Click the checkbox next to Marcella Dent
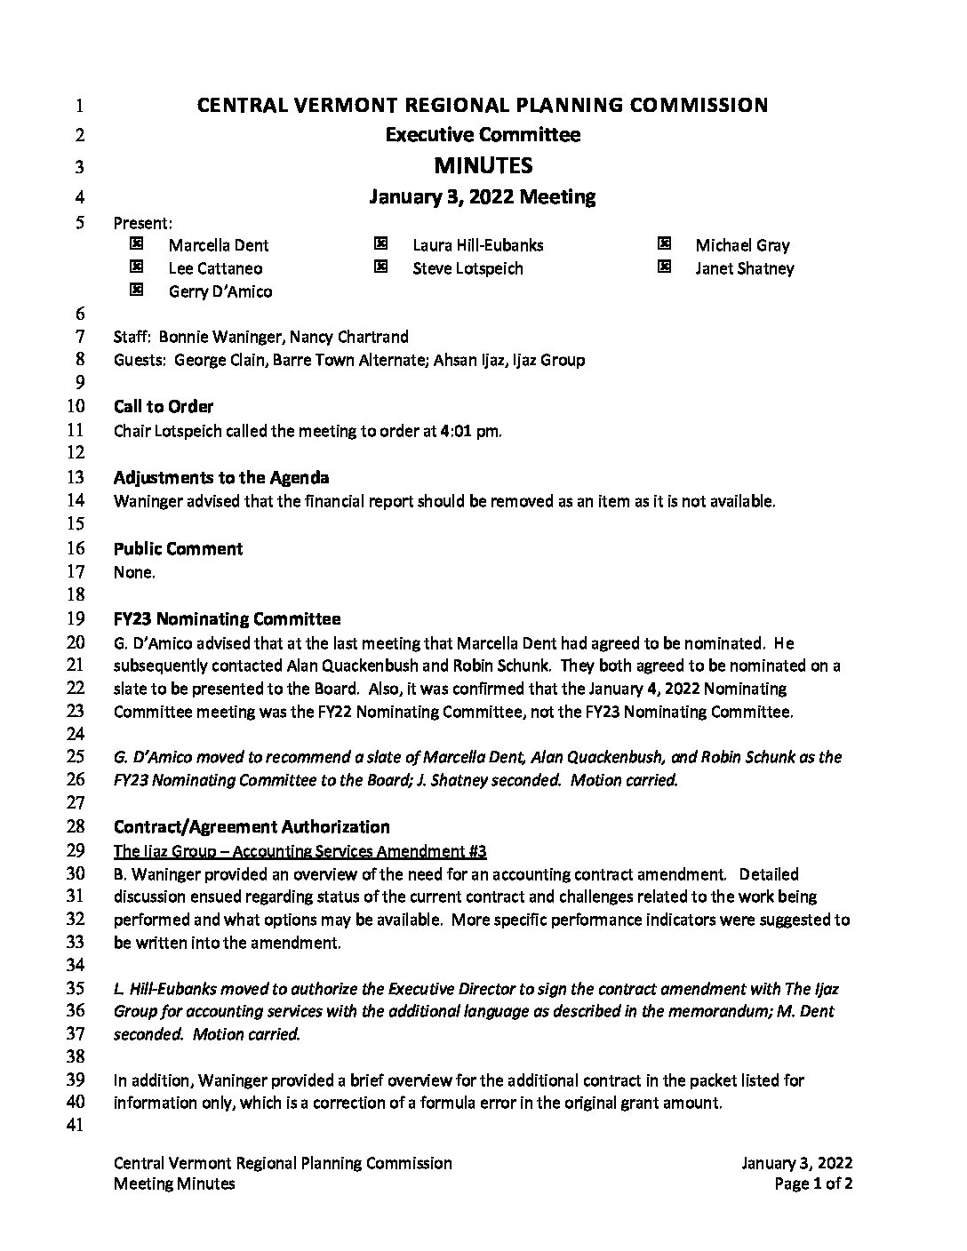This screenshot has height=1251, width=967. click(136, 243)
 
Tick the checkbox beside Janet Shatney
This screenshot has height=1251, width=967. click(663, 267)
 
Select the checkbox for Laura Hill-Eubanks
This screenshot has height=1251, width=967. click(380, 243)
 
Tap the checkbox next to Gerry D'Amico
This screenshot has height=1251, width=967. click(136, 290)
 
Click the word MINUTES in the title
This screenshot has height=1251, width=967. click(483, 165)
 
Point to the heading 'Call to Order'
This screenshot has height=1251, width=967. click(164, 406)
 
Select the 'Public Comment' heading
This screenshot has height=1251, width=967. click(178, 548)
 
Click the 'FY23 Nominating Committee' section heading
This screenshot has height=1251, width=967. click(227, 618)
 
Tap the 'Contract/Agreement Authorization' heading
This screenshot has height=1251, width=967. click(252, 826)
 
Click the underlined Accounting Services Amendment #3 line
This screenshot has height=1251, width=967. click(300, 850)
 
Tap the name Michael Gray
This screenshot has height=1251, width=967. click(742, 245)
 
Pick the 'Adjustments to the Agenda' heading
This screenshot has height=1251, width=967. click(221, 477)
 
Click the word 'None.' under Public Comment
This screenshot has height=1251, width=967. click(134, 572)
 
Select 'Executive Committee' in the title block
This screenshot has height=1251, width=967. click(483, 135)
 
